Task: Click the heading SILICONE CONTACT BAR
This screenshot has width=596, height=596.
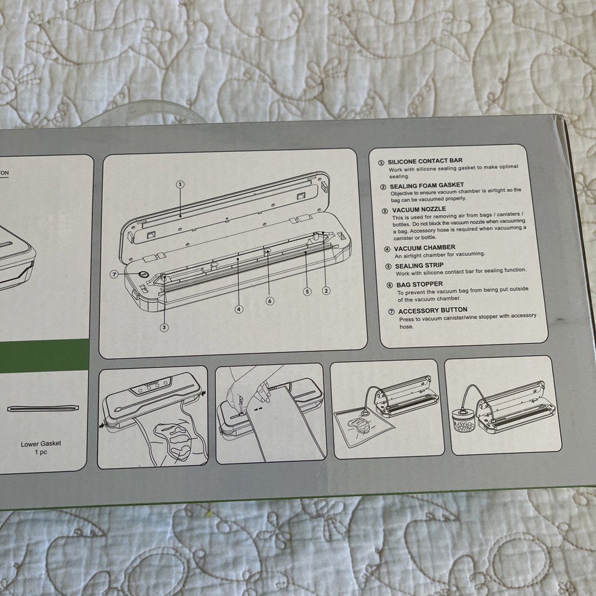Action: click(425, 161)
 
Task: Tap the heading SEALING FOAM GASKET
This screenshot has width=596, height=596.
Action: click(427, 186)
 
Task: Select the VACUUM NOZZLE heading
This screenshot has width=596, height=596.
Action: click(419, 209)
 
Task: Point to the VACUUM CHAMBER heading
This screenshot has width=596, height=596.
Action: click(424, 248)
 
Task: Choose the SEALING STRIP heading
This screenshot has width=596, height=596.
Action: click(419, 266)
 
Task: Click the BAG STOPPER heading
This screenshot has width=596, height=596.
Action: click(419, 284)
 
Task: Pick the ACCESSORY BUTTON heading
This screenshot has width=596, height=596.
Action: click(433, 311)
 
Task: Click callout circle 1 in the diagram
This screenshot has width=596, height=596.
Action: click(181, 185)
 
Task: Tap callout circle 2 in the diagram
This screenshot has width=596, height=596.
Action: click(326, 291)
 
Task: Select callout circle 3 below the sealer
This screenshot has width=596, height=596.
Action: click(164, 327)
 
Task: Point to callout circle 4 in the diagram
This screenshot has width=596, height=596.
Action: click(239, 309)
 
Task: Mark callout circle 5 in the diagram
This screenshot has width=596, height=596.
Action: click(307, 292)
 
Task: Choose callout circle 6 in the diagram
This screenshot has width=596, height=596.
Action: click(270, 301)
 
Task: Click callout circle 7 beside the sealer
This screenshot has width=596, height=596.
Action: click(114, 274)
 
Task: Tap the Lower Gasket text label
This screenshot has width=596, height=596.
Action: click(41, 443)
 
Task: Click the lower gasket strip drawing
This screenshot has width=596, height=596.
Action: click(44, 408)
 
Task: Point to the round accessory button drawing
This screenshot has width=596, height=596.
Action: click(143, 274)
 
